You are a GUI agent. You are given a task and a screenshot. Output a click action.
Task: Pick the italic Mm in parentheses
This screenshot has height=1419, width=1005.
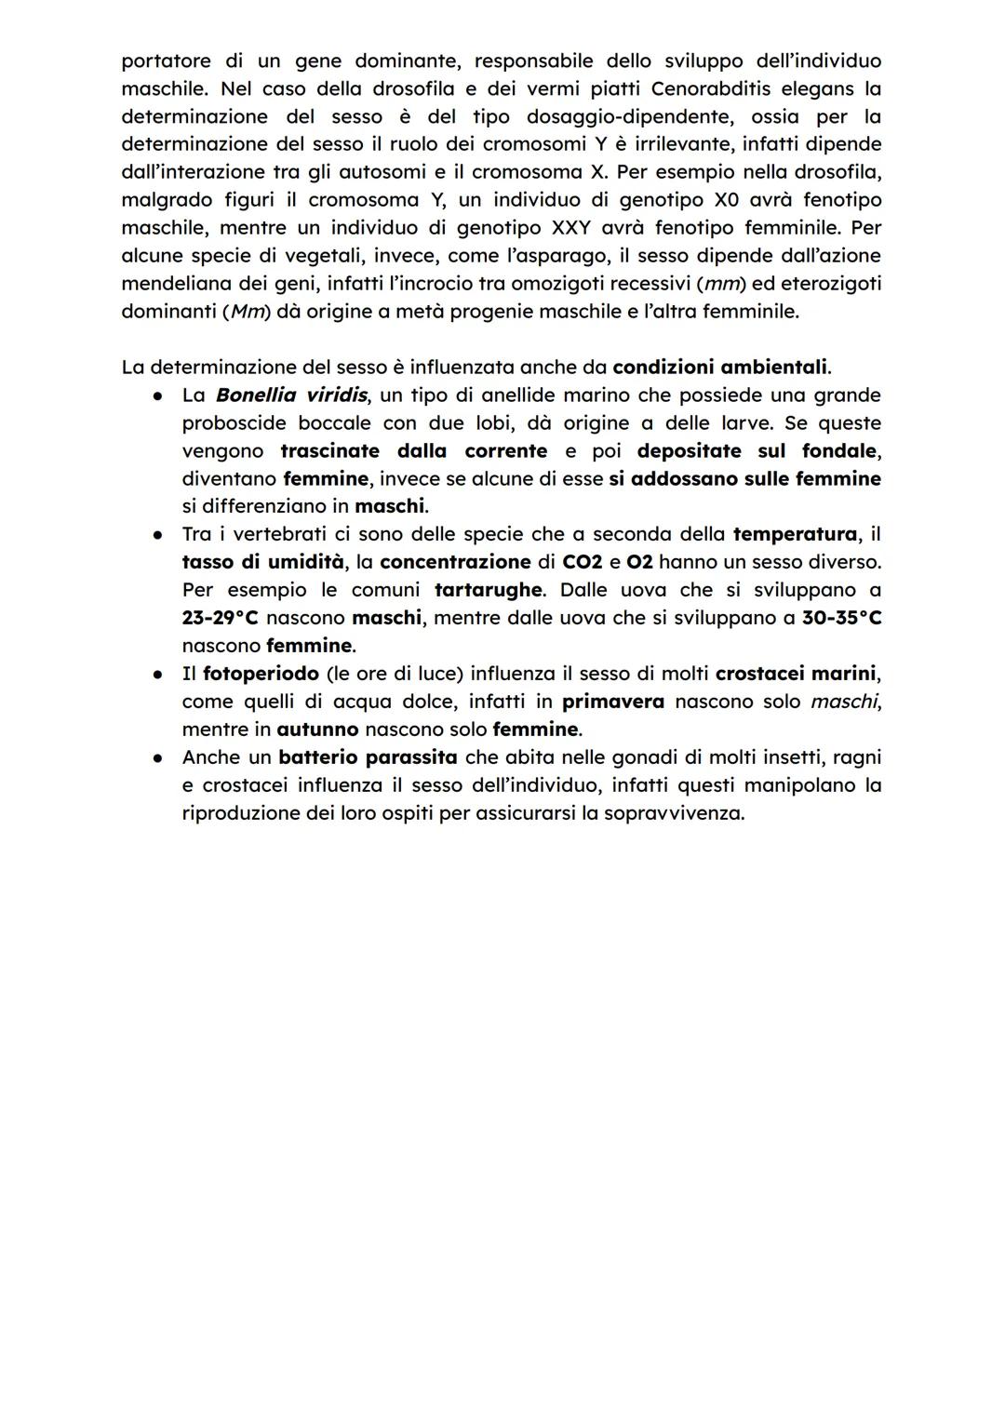pyautogui.click(x=247, y=312)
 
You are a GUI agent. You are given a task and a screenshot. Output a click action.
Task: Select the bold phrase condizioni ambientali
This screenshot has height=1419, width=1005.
pyautogui.click(x=720, y=368)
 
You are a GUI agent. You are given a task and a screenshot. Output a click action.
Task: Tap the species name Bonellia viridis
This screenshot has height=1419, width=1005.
pyautogui.click(x=290, y=395)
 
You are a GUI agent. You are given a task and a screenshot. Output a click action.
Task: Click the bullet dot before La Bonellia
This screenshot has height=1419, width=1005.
pyautogui.click(x=160, y=395)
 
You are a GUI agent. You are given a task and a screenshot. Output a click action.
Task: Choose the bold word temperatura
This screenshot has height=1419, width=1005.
pyautogui.click(x=795, y=535)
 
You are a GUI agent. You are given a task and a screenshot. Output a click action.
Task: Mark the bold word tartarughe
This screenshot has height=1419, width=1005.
pyautogui.click(x=488, y=591)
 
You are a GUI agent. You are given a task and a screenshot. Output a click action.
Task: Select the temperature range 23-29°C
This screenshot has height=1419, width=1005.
pyautogui.click(x=220, y=619)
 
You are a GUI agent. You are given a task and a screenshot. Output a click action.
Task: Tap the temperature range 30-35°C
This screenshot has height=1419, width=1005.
pyautogui.click(x=841, y=619)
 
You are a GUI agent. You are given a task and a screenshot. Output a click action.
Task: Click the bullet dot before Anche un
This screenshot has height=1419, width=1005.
pyautogui.click(x=160, y=757)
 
